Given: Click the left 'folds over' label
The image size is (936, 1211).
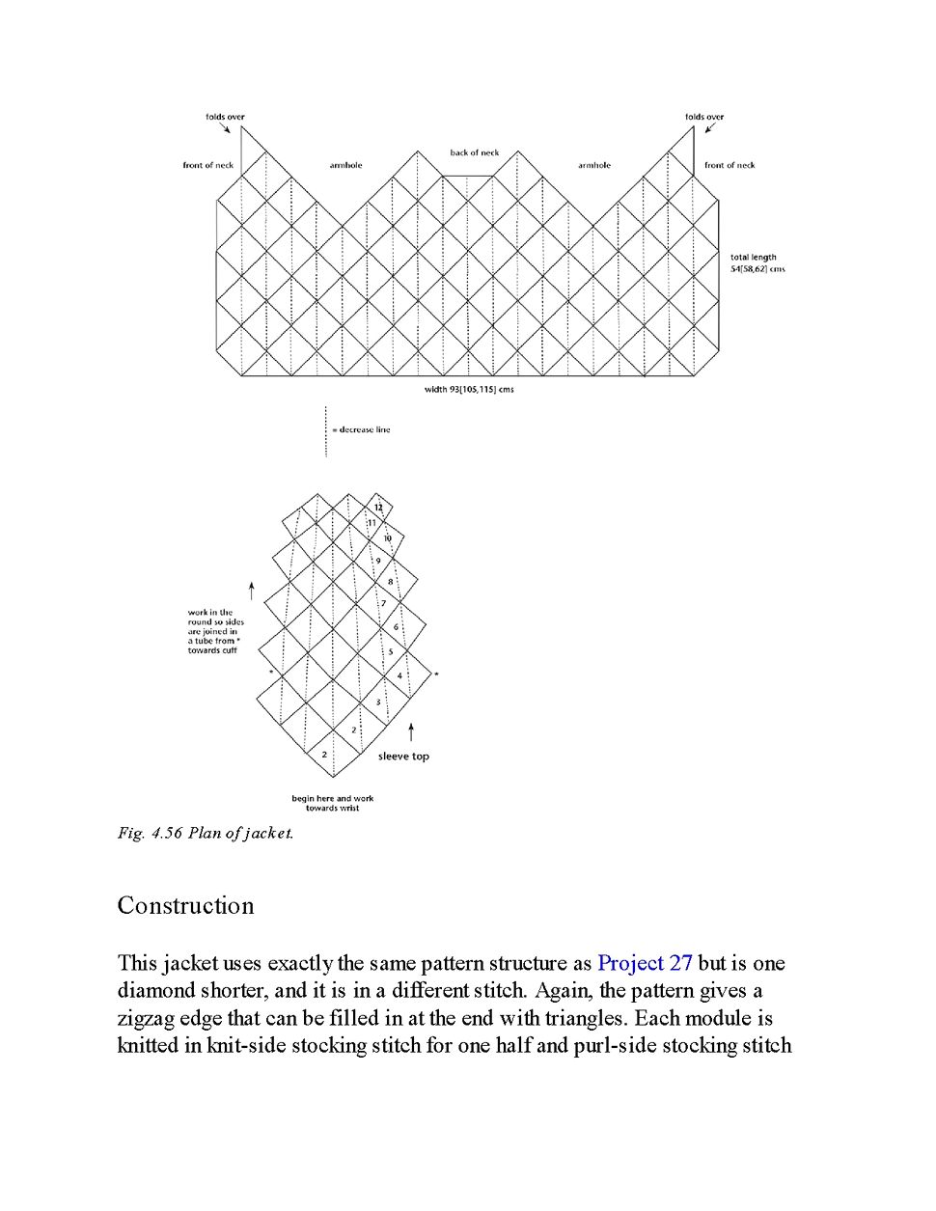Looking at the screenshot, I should click(225, 117).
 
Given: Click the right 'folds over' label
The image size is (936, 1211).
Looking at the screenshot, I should click(704, 117).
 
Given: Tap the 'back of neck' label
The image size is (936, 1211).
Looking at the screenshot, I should click(475, 152).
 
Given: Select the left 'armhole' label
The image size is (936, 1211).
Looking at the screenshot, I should click(345, 165).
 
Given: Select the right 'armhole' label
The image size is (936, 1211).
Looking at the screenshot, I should click(594, 165).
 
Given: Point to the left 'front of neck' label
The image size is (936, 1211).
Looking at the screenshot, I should click(208, 165).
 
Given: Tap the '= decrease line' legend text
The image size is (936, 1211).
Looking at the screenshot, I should click(361, 429).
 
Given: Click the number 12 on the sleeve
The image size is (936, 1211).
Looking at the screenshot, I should click(378, 508).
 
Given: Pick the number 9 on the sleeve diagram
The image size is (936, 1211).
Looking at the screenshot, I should click(378, 561).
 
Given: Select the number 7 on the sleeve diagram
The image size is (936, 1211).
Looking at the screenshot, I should click(383, 604).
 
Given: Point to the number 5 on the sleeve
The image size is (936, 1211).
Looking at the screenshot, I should click(391, 652).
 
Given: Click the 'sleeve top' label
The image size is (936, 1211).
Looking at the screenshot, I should click(403, 757).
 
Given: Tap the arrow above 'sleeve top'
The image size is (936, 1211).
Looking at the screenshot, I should click(411, 731).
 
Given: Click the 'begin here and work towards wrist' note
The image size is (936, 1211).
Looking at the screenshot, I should click(332, 803).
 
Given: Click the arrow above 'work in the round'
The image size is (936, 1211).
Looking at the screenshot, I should click(252, 591).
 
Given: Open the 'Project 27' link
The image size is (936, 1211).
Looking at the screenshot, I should click(645, 963).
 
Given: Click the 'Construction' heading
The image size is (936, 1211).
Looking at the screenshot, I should click(185, 906).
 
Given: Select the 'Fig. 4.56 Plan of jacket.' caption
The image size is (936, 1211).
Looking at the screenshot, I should click(206, 833).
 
